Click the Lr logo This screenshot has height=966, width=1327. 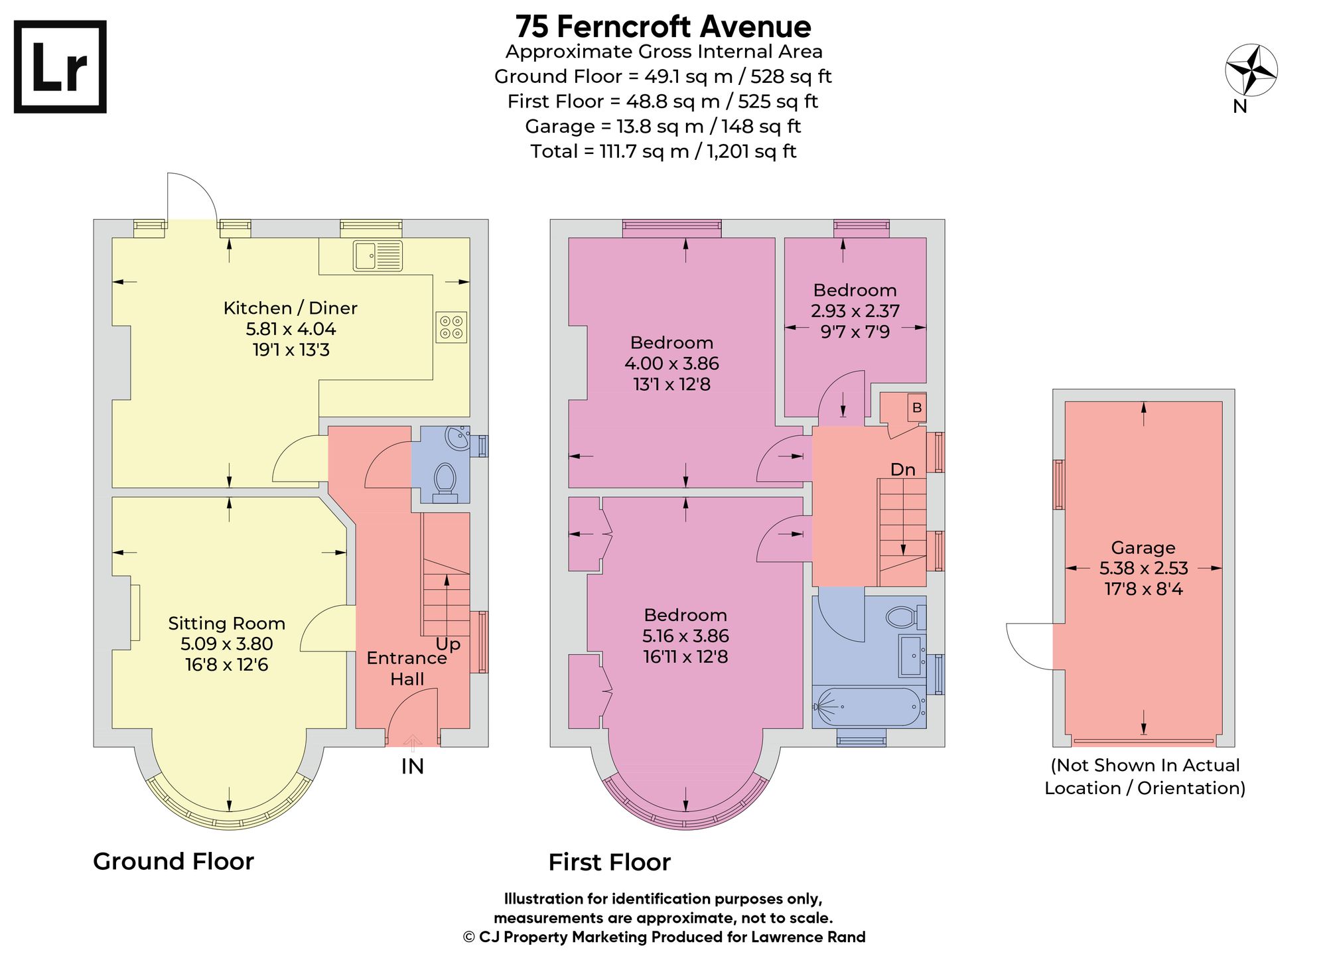(x=60, y=67)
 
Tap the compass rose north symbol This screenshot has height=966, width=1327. (x=1251, y=70)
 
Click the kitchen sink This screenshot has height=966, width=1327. (x=378, y=255)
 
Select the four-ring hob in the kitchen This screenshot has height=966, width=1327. (x=452, y=327)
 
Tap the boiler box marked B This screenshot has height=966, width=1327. (x=917, y=407)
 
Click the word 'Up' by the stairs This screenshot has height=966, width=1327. (x=448, y=644)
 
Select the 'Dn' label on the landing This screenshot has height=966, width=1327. (x=902, y=470)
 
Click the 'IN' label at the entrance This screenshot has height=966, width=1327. (x=413, y=767)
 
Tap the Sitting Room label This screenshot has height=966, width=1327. (x=226, y=624)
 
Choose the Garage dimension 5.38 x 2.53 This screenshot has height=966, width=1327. (x=1143, y=568)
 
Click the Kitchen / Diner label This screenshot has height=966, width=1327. (x=291, y=308)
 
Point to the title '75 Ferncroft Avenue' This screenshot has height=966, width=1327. (x=663, y=27)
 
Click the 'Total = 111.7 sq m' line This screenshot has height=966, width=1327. (x=663, y=151)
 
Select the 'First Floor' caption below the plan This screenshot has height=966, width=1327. (x=609, y=862)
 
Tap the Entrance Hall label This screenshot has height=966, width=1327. (x=407, y=668)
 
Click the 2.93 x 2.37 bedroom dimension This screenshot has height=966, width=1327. (x=855, y=310)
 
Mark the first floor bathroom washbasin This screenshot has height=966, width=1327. (x=912, y=655)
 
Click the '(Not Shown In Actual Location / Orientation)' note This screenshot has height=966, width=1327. (x=1145, y=776)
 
